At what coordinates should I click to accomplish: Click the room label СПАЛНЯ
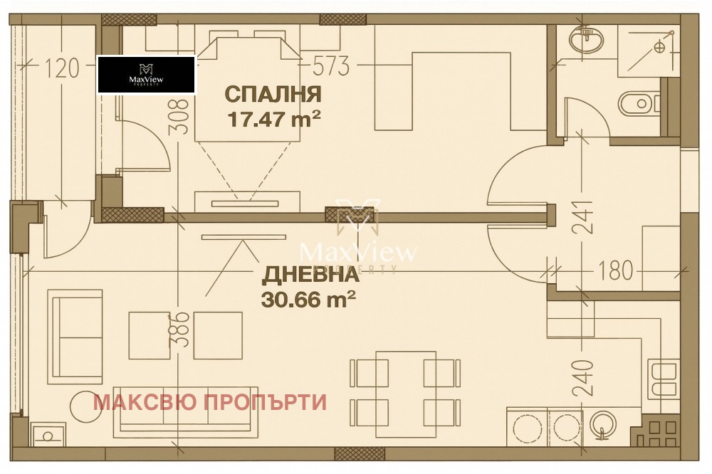tap(273, 94)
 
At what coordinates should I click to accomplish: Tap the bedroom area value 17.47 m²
tap(273, 118)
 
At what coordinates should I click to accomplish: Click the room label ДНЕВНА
tap(309, 275)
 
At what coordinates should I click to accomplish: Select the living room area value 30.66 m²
tap(309, 300)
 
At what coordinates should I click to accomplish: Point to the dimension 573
tap(332, 66)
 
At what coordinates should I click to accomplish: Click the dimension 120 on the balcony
tap(62, 68)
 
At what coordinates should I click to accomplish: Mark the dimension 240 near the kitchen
tap(582, 378)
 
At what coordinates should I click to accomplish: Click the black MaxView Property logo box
tap(146, 75)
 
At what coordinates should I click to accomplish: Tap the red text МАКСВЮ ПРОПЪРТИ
tap(210, 402)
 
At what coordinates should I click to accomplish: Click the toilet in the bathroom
tap(636, 104)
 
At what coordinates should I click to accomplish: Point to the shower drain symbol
tap(659, 48)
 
